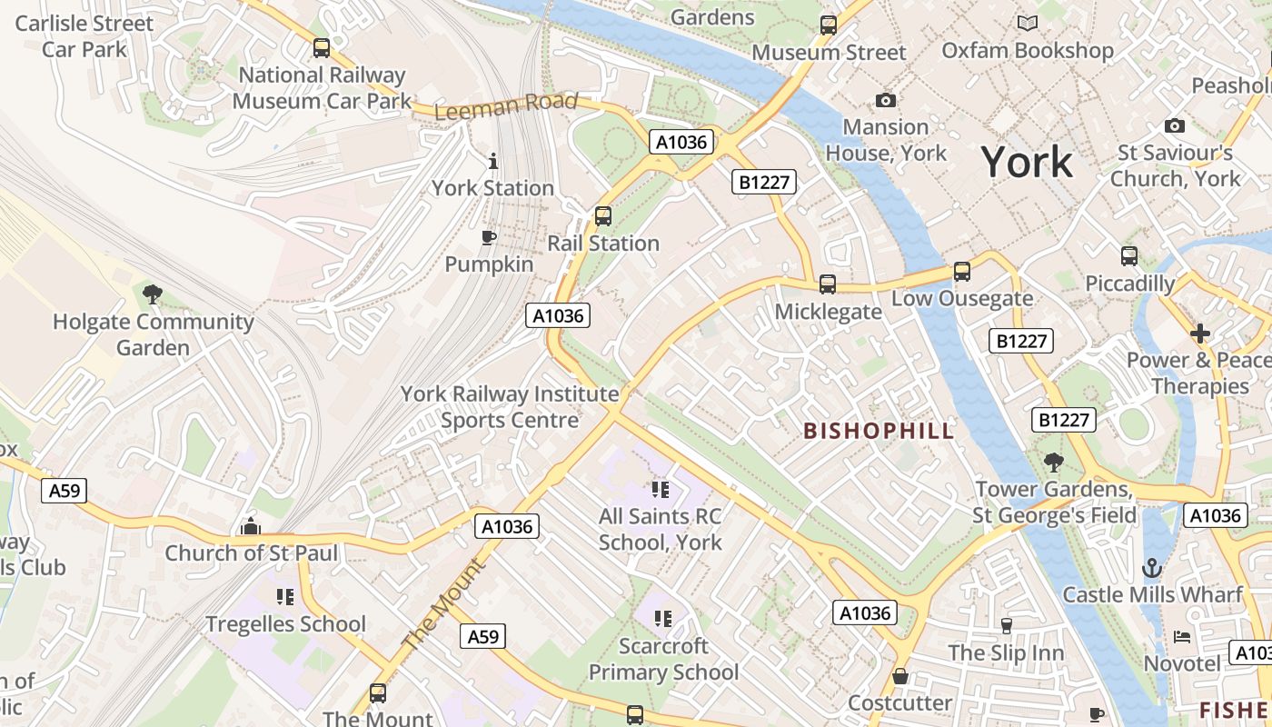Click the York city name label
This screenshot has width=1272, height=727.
tap(1027, 163)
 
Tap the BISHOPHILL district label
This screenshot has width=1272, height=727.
tap(879, 431)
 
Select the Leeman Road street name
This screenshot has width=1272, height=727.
tap(506, 105)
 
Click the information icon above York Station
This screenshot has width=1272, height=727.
tap(493, 161)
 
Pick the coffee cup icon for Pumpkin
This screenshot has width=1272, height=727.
tap(489, 238)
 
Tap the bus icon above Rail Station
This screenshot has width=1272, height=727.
tap(602, 216)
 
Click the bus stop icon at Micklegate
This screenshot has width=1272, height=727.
tap(828, 284)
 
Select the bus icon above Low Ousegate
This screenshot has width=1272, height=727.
tap(961, 272)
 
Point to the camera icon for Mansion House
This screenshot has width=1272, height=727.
tap(885, 100)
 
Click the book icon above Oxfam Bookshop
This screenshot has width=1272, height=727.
tap(1028, 24)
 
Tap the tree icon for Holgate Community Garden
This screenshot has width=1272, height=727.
tap(153, 294)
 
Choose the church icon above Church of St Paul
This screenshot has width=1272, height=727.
tap(251, 526)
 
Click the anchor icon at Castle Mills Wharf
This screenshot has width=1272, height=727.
tap(1152, 568)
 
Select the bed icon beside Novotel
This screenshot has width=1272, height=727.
tap(1182, 636)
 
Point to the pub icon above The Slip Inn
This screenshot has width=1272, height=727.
tap(1006, 625)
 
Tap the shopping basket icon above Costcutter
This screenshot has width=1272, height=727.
tap(899, 676)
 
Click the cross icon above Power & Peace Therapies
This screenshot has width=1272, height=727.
tap(1200, 334)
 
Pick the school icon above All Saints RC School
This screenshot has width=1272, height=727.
tap(661, 490)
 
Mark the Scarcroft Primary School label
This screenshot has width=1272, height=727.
tap(663, 660)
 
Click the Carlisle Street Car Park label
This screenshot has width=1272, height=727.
tap(84, 35)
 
